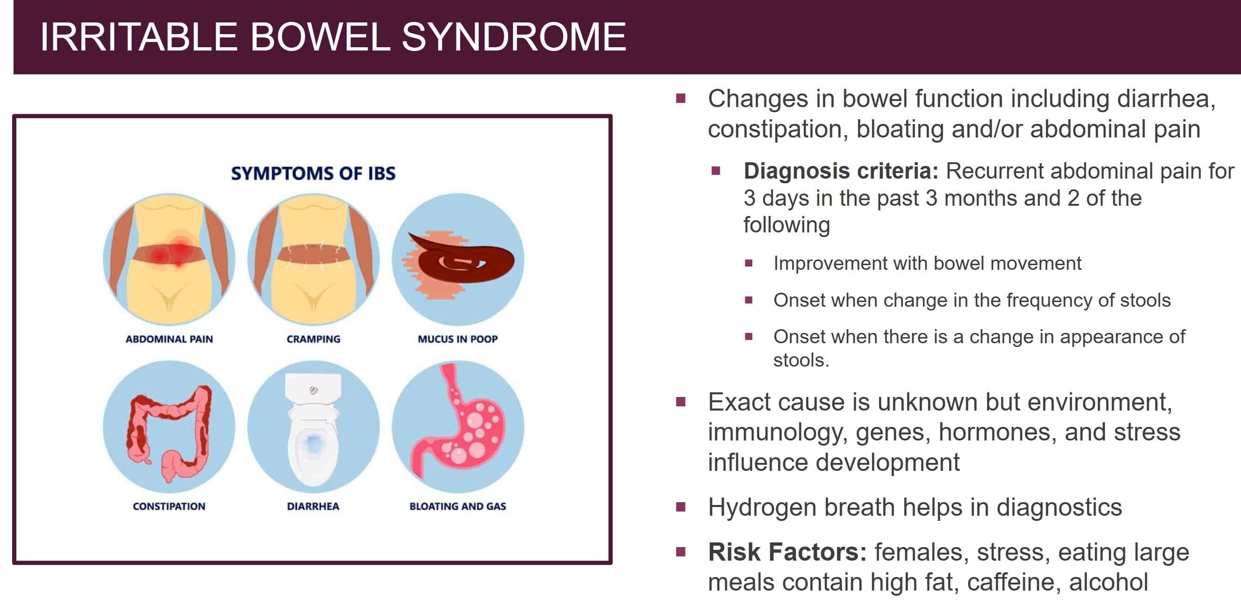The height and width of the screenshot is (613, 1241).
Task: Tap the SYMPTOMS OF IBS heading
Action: point(313,173)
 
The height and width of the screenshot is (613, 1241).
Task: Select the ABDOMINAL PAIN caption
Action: point(169,339)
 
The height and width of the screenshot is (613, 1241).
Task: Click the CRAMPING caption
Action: point(313,339)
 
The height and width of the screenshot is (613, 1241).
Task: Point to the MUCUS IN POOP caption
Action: point(458,339)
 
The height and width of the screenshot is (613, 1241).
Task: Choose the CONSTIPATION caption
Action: point(169,506)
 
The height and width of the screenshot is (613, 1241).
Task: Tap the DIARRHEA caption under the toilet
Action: point(313,506)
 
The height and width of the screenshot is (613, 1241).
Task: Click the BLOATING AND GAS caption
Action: point(458,506)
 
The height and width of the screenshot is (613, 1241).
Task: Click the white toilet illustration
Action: point(313,429)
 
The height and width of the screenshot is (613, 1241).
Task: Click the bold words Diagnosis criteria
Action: point(841,171)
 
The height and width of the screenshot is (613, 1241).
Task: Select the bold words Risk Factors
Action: point(787,552)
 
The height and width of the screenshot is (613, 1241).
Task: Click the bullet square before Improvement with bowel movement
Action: point(748,263)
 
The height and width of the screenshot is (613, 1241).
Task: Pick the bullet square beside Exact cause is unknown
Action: point(681,402)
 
